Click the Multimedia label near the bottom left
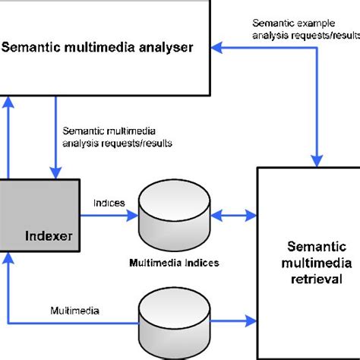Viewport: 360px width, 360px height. pos(74,311)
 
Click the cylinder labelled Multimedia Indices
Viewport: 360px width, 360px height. pos(174,216)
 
